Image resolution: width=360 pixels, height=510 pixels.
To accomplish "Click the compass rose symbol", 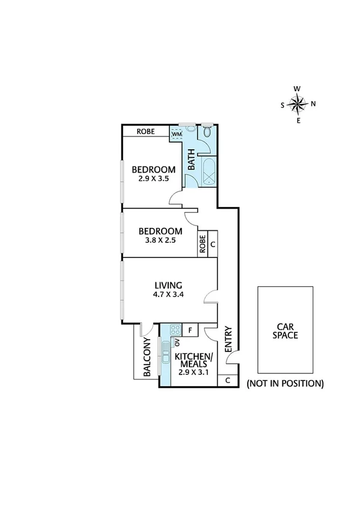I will (297, 105).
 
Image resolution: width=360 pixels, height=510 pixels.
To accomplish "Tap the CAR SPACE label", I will (285, 331).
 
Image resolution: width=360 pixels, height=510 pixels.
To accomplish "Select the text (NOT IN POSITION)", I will (285, 383).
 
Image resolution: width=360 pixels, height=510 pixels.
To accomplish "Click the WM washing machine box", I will (177, 134).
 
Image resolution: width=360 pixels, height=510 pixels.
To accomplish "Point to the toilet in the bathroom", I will (207, 133).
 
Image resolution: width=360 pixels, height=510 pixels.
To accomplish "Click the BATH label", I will (191, 159).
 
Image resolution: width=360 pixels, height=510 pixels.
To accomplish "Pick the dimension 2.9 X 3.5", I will (154, 179).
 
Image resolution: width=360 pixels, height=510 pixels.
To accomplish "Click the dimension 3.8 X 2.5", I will (160, 241).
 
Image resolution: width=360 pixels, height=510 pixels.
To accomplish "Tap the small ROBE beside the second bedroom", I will (203, 245).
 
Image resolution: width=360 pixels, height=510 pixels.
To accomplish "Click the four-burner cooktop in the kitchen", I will (176, 330).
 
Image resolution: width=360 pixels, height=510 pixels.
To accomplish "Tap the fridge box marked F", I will (191, 330).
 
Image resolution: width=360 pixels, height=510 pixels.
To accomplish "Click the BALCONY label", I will (147, 357).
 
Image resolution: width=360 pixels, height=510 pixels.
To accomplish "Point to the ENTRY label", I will (228, 340).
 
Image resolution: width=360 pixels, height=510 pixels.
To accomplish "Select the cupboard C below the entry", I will (228, 380).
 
